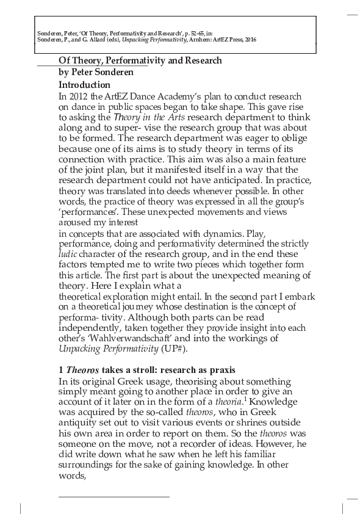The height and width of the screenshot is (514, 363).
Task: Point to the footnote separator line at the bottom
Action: coord(113,497)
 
